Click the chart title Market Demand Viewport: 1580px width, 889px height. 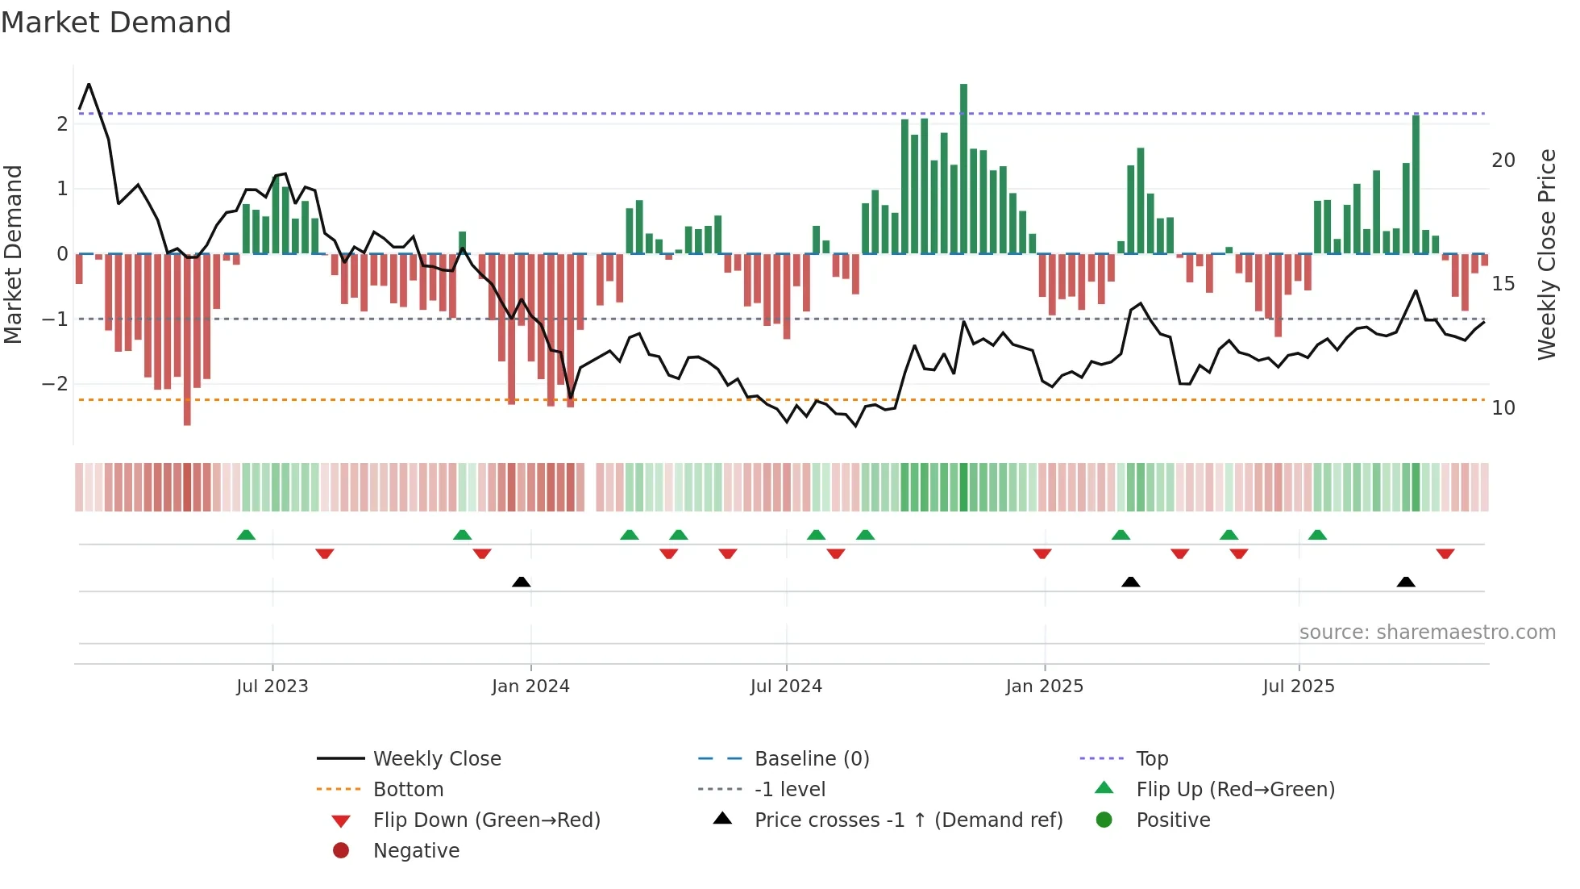point(116,23)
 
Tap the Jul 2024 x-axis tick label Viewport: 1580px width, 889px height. point(786,687)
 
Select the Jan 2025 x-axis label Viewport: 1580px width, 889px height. point(1044,687)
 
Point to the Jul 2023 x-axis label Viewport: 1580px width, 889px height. point(272,687)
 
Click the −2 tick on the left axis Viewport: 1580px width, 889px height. point(55,384)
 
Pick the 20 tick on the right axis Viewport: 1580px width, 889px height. point(1503,161)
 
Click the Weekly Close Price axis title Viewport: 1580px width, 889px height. point(1546,255)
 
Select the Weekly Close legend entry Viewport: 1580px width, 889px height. point(436,759)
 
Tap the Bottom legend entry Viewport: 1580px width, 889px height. point(408,790)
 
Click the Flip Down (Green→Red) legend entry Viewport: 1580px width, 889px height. point(486,820)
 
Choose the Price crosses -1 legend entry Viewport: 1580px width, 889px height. point(908,820)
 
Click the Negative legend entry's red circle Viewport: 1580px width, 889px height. point(341,851)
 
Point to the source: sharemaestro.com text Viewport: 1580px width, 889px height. point(1427,632)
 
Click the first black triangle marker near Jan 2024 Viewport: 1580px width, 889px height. point(522,582)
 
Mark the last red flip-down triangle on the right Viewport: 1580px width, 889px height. point(1445,554)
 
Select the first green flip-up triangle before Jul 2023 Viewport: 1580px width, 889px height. point(246,535)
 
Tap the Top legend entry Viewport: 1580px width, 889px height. point(1151,759)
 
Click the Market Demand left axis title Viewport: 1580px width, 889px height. point(13,255)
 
